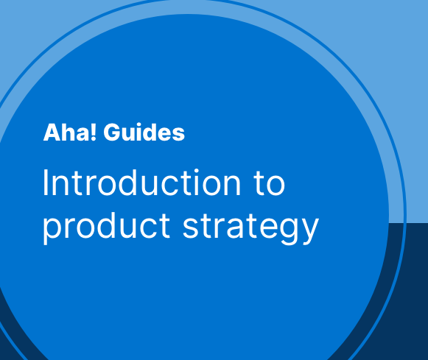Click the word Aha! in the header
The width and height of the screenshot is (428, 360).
point(70,133)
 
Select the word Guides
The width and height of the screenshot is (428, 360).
point(144,133)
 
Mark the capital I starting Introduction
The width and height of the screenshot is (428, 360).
point(46,183)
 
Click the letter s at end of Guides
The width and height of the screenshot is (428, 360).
point(179,135)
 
